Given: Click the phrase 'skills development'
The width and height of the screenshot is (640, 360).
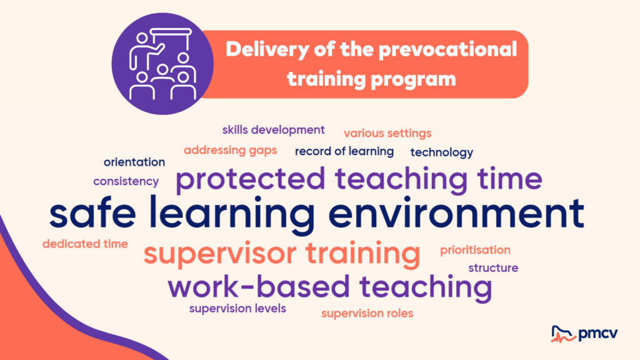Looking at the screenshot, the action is point(274,130).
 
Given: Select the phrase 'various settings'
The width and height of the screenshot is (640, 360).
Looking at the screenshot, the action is point(387,134).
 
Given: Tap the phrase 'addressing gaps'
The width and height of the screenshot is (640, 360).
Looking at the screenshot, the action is point(230,151).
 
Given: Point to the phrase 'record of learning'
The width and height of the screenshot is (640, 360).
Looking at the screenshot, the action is point(344,151).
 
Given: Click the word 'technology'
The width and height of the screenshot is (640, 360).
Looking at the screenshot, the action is point(442,152).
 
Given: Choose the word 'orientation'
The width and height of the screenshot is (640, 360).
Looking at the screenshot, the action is point(134,162).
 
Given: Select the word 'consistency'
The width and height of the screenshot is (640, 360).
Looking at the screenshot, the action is point(126,181).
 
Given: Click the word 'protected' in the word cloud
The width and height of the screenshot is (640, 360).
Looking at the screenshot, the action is point(251,179).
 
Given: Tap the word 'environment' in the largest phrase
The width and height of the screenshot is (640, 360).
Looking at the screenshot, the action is point(456,213).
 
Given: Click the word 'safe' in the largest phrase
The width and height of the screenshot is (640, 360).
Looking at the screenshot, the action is point(92,212).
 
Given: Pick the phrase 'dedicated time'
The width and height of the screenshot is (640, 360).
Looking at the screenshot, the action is point(85,244).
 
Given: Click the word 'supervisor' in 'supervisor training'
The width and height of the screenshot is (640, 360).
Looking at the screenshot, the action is point(220,254).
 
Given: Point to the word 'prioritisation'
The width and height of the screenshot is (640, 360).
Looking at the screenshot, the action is point(475,250).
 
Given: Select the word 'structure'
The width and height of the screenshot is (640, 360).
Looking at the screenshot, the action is point(493,268).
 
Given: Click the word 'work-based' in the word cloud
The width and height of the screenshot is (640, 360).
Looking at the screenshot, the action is point(259,286).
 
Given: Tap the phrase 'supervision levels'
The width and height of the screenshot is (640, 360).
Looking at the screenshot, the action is point(237,309).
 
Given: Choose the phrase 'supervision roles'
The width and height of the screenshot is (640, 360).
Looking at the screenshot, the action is point(367,314).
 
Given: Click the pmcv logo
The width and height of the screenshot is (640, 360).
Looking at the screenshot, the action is point(584,334).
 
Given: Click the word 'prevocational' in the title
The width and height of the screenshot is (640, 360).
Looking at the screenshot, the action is point(447,50).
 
